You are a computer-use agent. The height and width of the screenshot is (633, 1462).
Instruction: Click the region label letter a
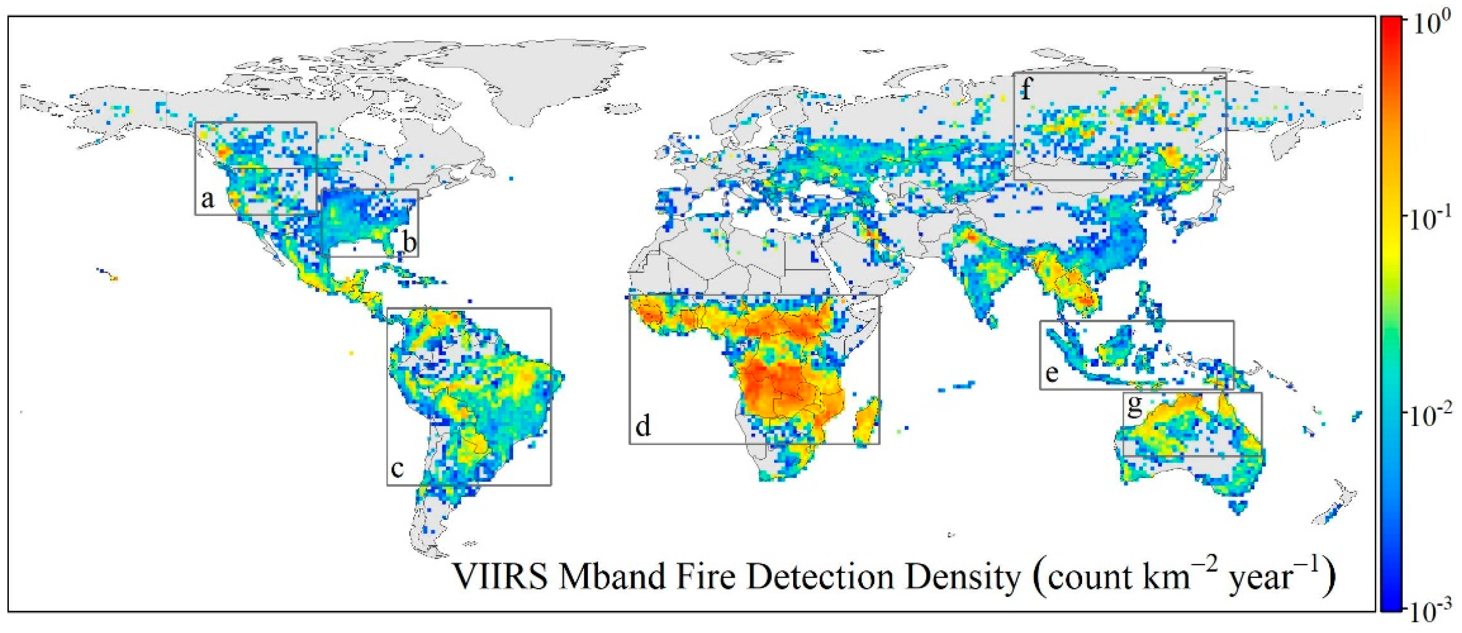click(x=208, y=199)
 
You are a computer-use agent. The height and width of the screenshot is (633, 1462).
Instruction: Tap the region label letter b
click(x=409, y=242)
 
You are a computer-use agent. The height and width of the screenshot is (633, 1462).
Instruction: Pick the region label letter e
click(x=1051, y=373)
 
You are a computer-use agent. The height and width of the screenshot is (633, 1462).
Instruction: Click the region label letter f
click(x=1025, y=89)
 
